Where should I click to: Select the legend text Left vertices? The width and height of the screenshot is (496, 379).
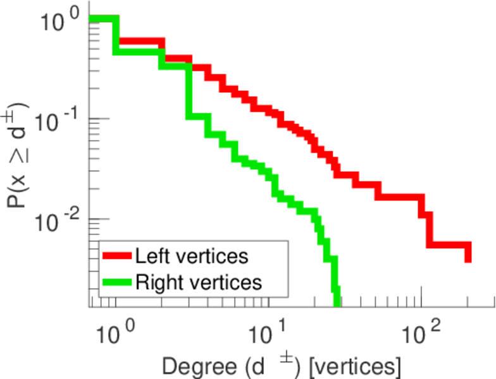coord(191,257)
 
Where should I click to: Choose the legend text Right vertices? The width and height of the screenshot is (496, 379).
coord(198,282)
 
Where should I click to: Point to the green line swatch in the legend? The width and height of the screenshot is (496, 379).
coord(118,282)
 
